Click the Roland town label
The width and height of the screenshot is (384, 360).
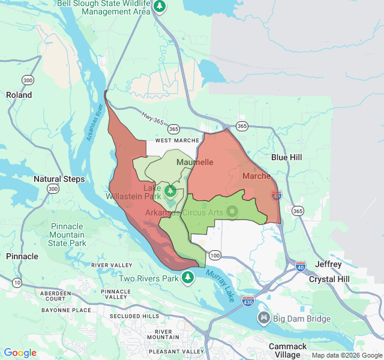coord(19,95)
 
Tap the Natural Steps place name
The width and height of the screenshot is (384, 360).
coord(59,179)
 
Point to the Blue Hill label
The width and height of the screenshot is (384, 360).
coord(287,157)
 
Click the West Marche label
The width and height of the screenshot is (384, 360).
coord(176,140)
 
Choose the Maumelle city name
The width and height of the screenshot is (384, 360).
coord(195,163)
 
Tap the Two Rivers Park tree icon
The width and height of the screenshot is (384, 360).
coord(188,277)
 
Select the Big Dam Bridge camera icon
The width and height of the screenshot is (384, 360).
coord(263,317)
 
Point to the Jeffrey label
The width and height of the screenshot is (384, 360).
coord(328,264)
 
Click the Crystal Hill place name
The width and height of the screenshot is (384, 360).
coord(329,280)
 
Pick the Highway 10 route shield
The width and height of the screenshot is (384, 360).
coord(17,282)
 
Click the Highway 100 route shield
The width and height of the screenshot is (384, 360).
coord(215,256)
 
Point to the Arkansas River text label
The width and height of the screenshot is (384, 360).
coord(95,123)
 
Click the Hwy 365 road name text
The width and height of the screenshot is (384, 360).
coord(152,121)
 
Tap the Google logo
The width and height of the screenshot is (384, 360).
coord(20,353)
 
